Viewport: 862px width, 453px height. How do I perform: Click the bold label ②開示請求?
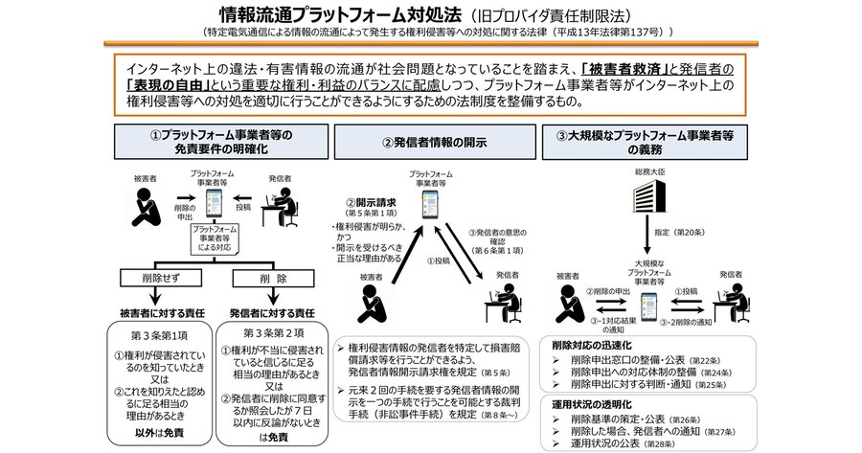(x=366, y=202)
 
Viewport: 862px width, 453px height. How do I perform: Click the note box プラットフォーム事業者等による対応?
(x=215, y=236)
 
